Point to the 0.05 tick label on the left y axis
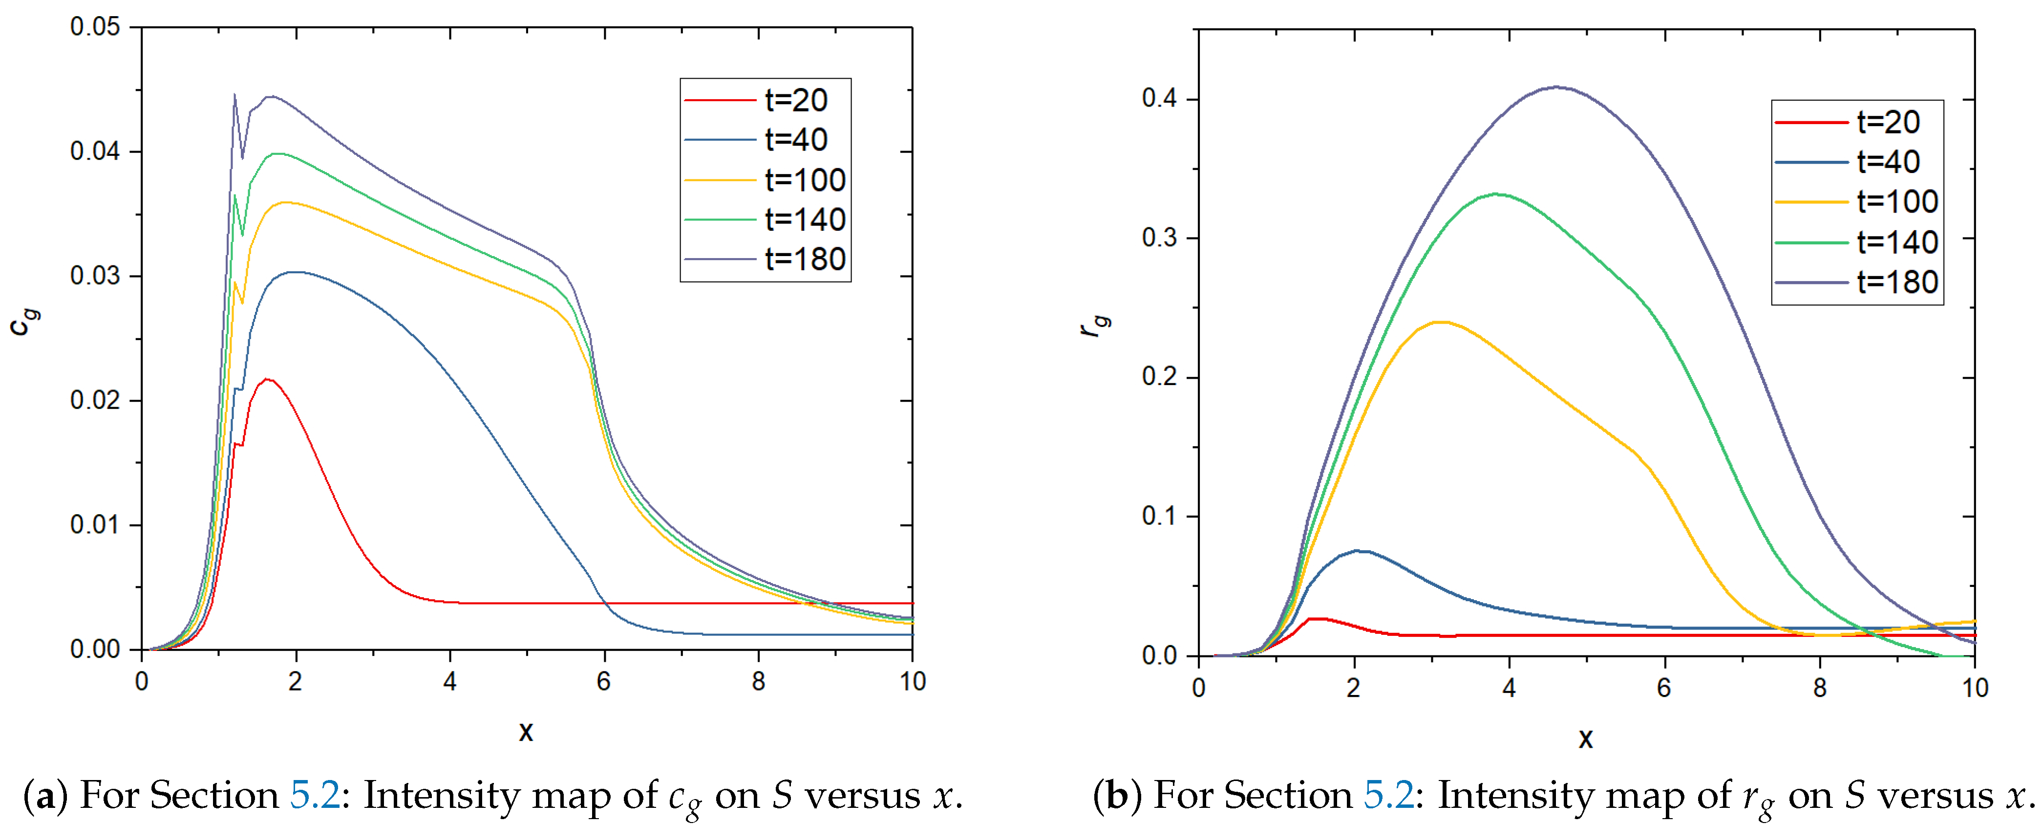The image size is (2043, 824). pyautogui.click(x=95, y=27)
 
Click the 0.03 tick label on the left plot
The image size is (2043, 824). pyautogui.click(x=95, y=276)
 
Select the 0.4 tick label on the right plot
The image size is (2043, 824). pyautogui.click(x=1159, y=99)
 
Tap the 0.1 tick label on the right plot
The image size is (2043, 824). pyautogui.click(x=1159, y=516)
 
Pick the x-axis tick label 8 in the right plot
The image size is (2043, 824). pyautogui.click(x=1819, y=688)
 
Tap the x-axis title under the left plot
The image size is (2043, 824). pyautogui.click(x=526, y=731)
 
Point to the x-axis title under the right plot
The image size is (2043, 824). pyautogui.click(x=1585, y=738)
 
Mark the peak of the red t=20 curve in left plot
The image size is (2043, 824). pyautogui.click(x=268, y=379)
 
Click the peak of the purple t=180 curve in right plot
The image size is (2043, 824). pyautogui.click(x=1556, y=87)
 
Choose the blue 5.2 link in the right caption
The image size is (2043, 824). pyautogui.click(x=1388, y=796)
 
